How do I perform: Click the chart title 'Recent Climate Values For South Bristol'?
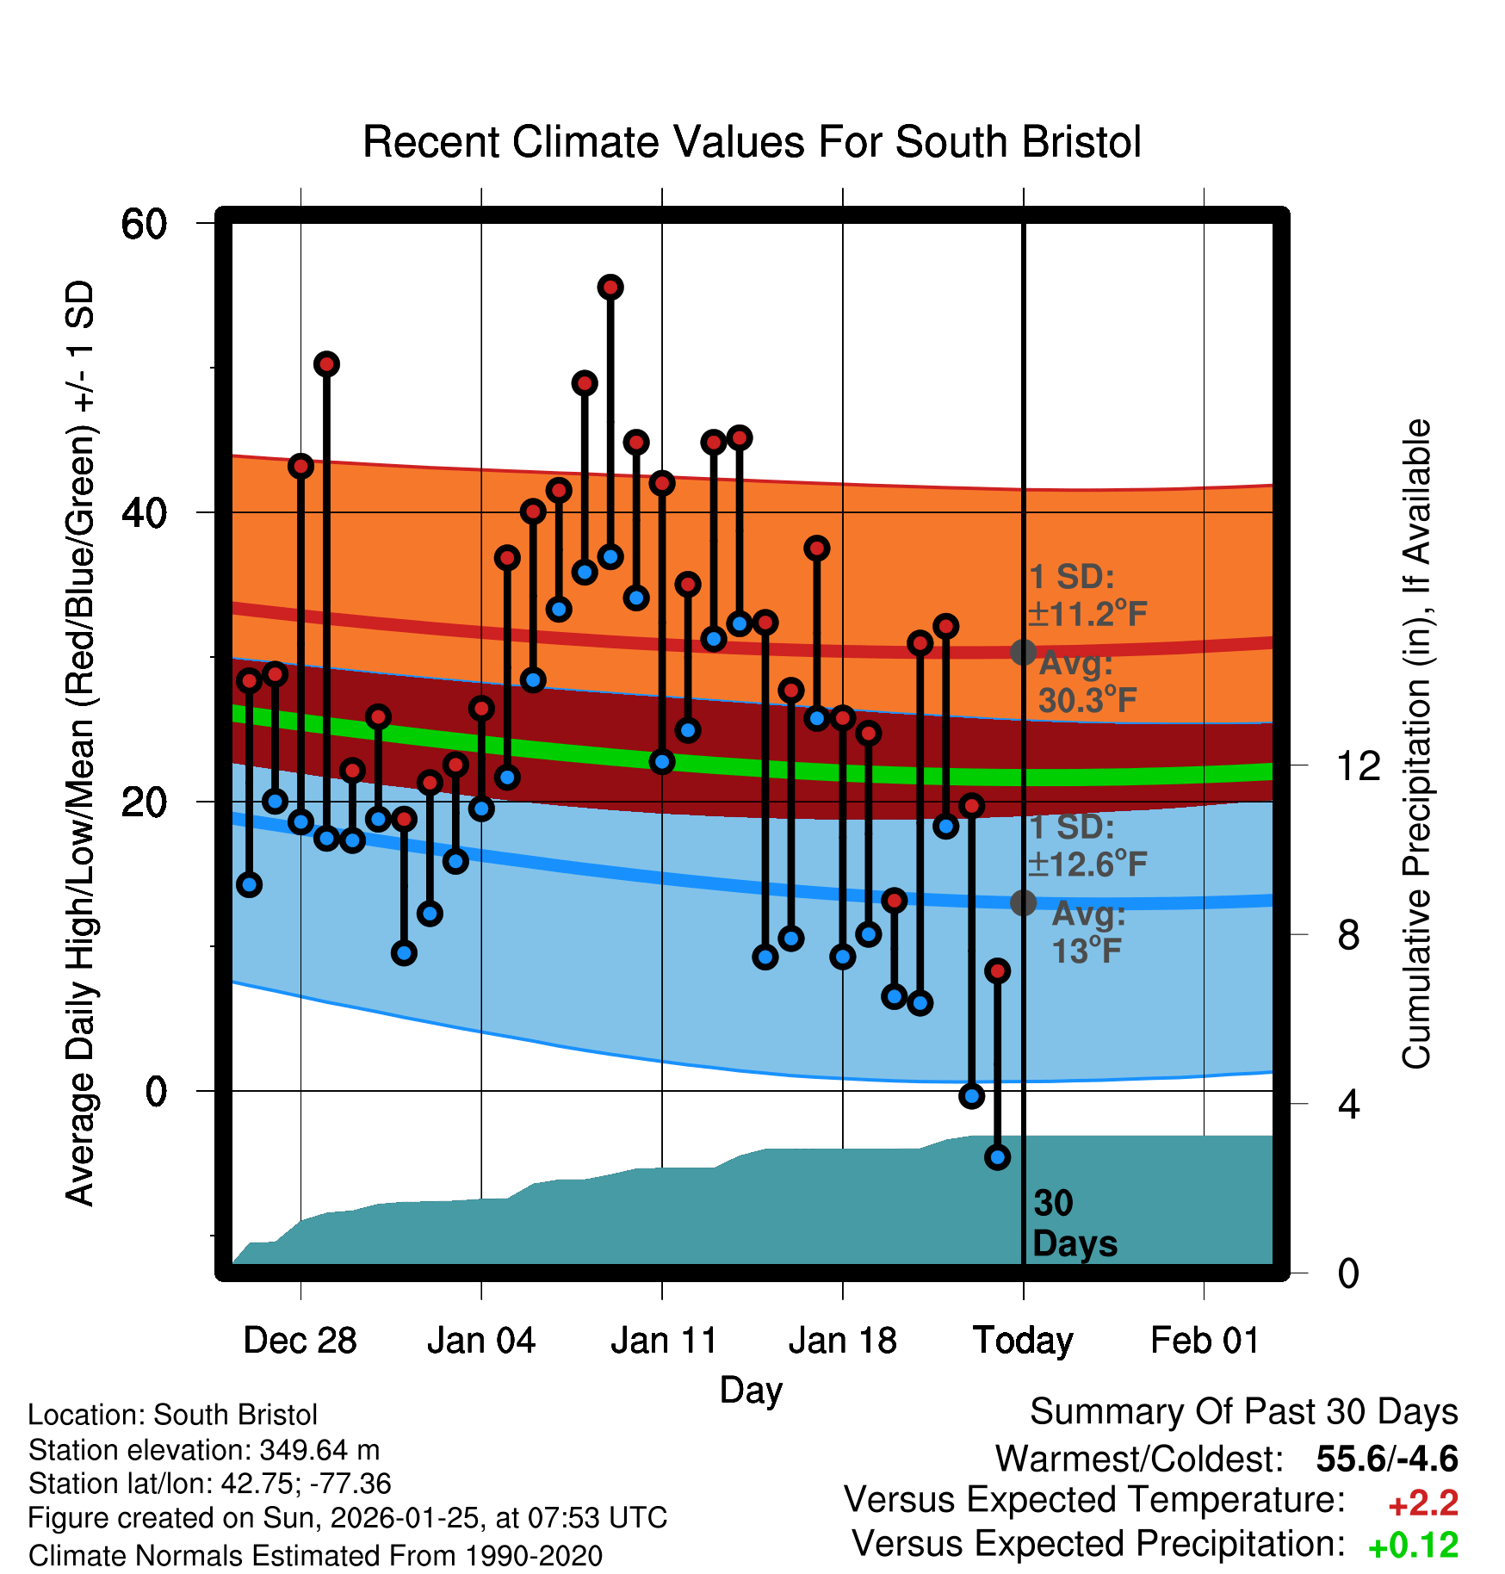click(751, 142)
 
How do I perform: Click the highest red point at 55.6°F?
click(610, 287)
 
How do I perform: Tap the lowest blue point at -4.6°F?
click(997, 1157)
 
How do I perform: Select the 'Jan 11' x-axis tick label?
click(663, 1341)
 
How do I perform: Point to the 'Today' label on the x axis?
click(1023, 1341)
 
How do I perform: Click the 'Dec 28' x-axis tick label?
click(300, 1341)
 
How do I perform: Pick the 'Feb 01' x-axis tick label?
click(1205, 1341)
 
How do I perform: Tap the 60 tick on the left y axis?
click(144, 225)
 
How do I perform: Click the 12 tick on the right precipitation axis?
click(1359, 765)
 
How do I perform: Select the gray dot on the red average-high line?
click(1023, 652)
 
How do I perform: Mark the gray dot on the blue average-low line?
click(1023, 902)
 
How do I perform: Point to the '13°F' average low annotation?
click(1087, 951)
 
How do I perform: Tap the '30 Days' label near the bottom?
click(1074, 1224)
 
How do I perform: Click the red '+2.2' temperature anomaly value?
click(1422, 1503)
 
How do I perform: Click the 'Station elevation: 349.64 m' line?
click(203, 1450)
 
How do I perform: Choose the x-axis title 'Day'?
click(751, 1391)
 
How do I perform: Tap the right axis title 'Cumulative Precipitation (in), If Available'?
click(1416, 744)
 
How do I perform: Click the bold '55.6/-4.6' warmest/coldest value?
click(1387, 1459)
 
